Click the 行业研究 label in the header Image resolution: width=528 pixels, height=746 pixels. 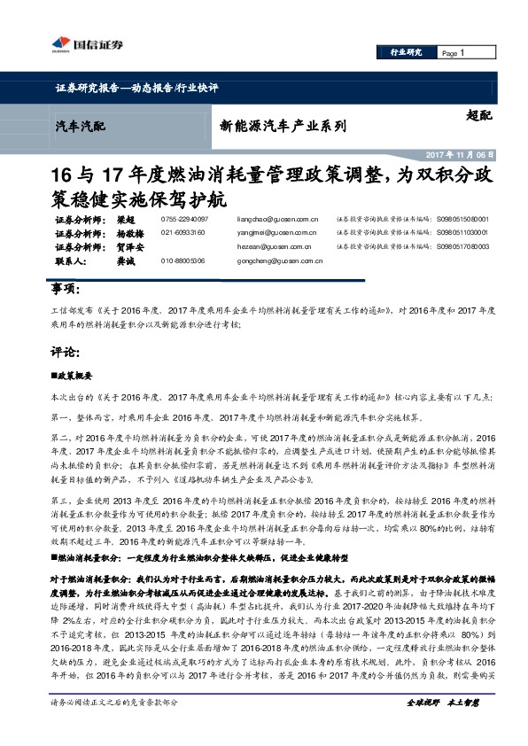(x=407, y=52)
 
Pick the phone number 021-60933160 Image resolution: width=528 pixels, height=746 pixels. (x=183, y=233)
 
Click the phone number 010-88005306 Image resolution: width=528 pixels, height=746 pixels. (x=183, y=261)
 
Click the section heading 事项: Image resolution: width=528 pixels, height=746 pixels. (x=66, y=290)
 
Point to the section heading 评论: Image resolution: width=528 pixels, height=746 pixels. (x=66, y=352)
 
